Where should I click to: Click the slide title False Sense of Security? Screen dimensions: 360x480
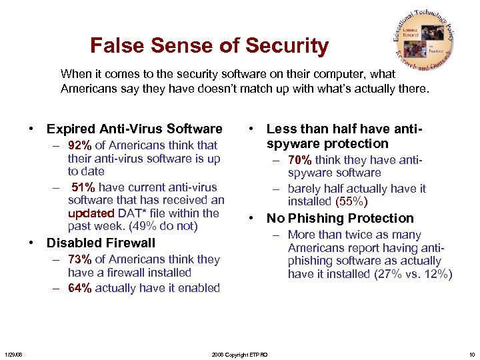coord(209,46)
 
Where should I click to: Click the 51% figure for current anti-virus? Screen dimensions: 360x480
coord(83,187)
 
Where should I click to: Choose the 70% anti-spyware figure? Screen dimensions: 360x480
coord(300,159)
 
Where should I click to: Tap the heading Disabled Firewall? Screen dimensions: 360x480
coord(101,243)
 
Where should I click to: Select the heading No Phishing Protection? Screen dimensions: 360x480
coord(340,218)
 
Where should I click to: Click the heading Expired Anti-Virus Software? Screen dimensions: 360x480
coord(135,129)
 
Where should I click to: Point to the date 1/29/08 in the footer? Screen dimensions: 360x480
coord(13,354)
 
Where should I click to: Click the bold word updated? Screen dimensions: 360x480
coord(91,213)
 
